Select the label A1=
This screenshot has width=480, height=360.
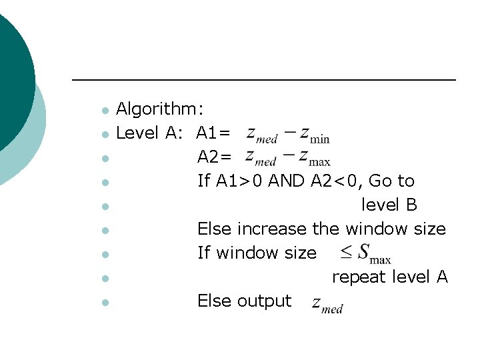214,133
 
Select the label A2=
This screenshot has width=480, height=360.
215,157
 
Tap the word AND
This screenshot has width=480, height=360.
287,181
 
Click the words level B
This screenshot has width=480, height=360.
389,205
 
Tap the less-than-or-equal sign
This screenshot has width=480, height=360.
346,252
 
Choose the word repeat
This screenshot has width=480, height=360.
359,277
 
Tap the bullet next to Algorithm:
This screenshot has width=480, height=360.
103,110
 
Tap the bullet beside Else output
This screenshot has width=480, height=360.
103,302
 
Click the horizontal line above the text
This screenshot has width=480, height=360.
263,81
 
